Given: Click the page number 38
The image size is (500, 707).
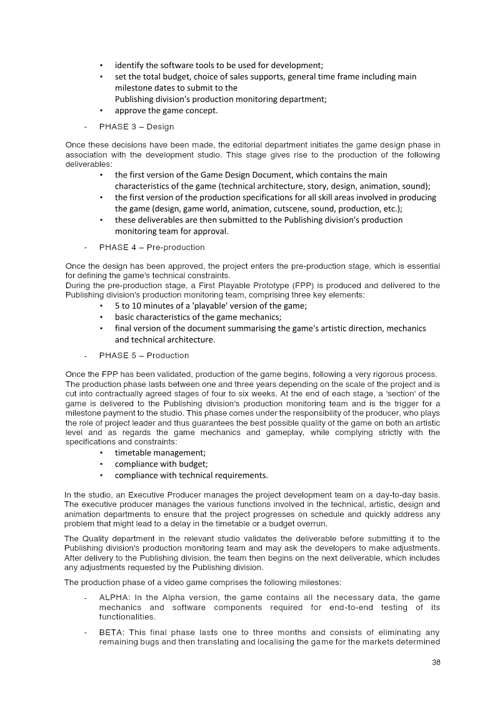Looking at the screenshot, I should pyautogui.click(x=436, y=663).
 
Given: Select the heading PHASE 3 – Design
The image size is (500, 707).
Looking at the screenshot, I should pyautogui.click(x=136, y=127).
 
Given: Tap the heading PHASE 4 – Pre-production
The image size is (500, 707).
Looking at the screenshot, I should pyautogui.click(x=152, y=247).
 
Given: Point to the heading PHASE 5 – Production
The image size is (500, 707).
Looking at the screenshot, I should pyautogui.click(x=144, y=355).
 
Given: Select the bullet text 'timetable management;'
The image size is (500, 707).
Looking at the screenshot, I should pyautogui.click(x=160, y=453).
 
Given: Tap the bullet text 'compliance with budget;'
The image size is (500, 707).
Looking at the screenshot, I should pyautogui.click(x=161, y=464).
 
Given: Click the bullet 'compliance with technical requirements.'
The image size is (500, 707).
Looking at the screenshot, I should pyautogui.click(x=191, y=475).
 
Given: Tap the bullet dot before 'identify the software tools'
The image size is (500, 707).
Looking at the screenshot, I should pyautogui.click(x=101, y=66).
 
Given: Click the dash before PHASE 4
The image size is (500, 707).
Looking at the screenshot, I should pyautogui.click(x=85, y=247).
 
